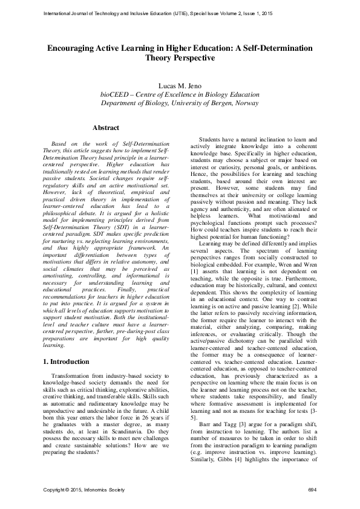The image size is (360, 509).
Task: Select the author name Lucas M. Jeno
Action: click(180, 86)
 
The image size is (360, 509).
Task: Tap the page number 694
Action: click(312, 488)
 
